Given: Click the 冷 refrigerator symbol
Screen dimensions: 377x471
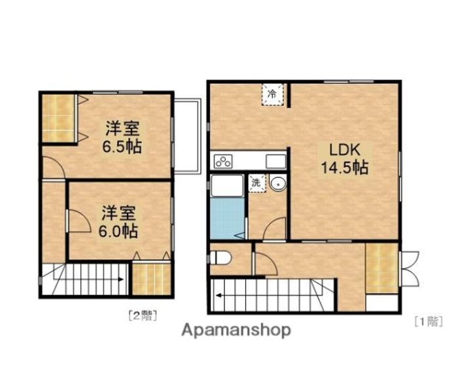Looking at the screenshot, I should click(x=273, y=94).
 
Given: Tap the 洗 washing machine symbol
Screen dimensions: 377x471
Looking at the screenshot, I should click(x=256, y=183).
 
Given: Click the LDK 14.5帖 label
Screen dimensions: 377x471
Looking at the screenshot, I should click(x=343, y=158).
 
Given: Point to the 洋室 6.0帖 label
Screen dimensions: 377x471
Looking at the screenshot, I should click(x=118, y=221).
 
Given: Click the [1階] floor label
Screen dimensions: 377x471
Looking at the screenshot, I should click(x=428, y=321).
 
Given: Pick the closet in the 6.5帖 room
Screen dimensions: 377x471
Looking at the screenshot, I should click(x=60, y=118).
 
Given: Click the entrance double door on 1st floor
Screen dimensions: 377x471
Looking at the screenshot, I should click(x=410, y=268).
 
